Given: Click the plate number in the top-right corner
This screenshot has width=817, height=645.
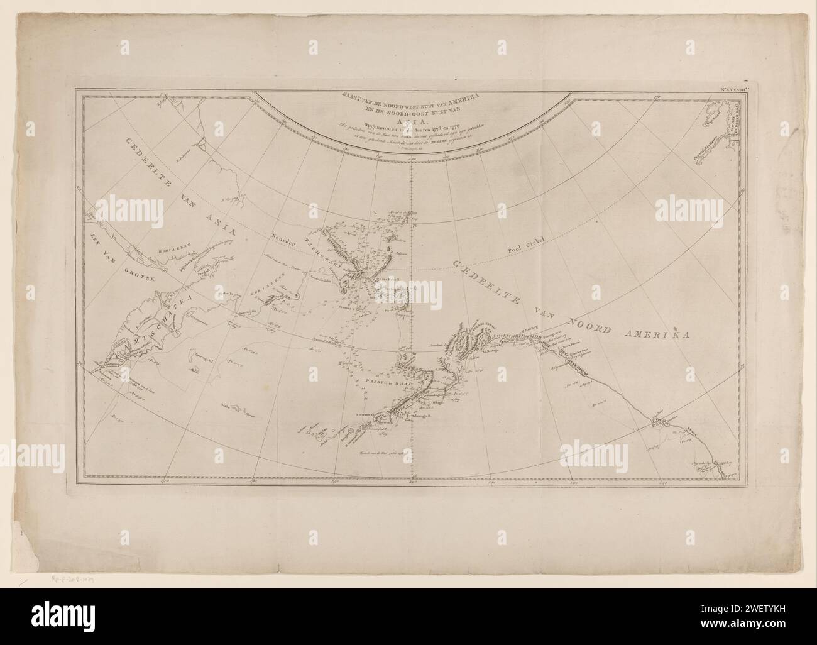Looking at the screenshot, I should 723,92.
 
